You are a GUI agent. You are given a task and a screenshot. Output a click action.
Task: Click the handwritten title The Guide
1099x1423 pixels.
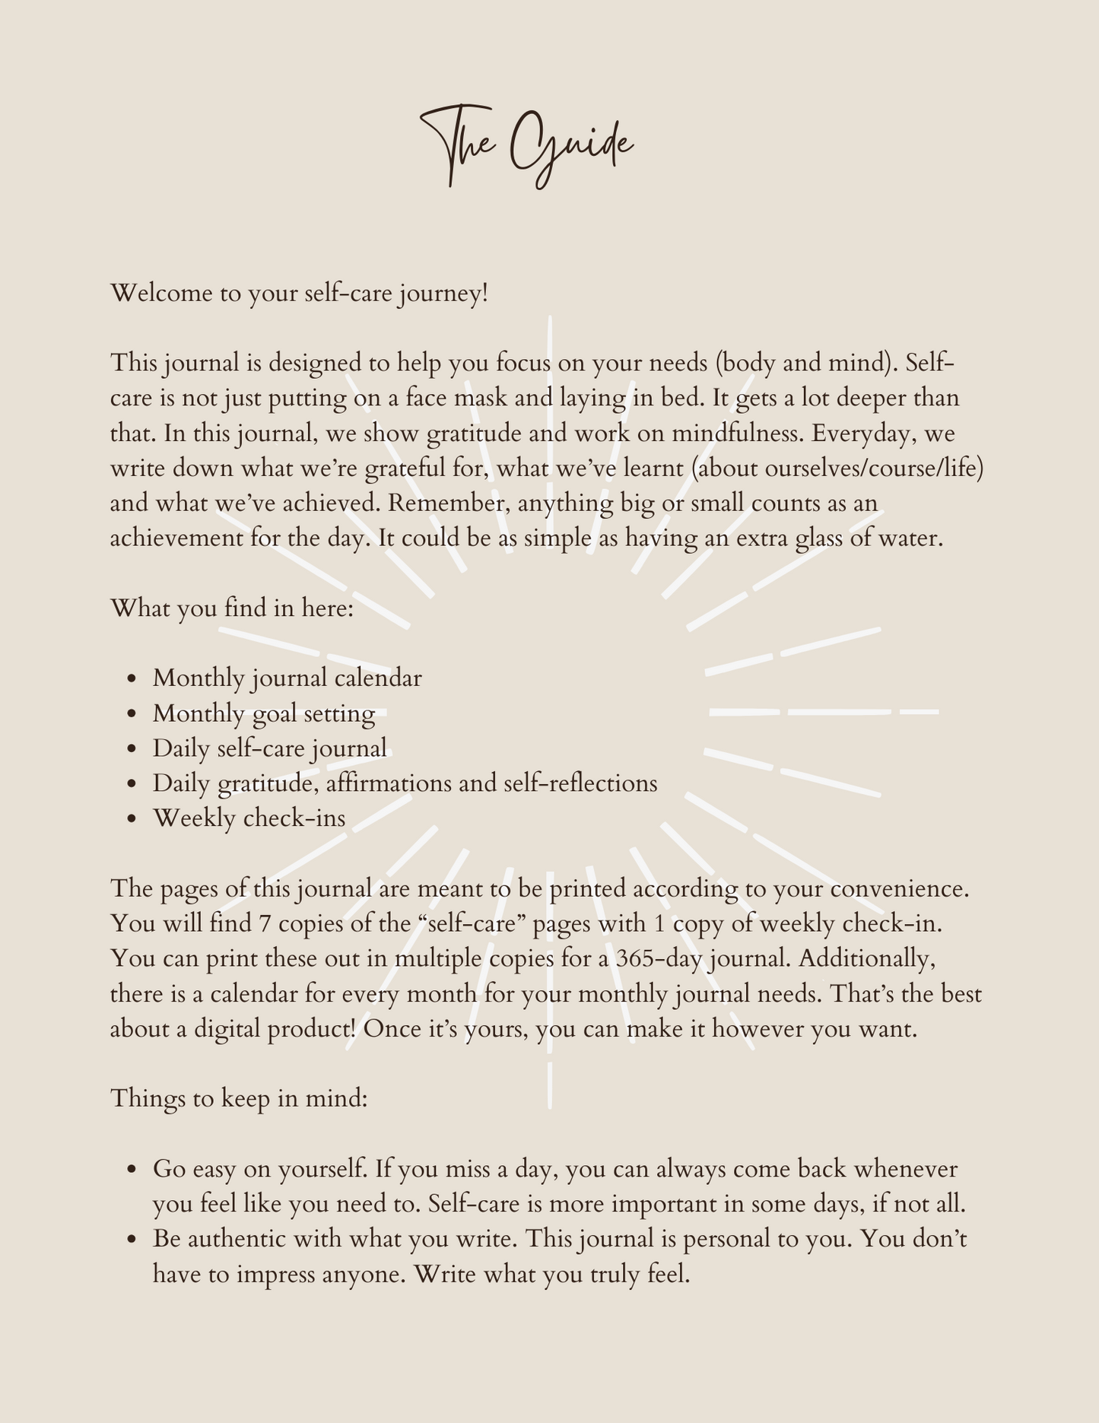tap(528, 147)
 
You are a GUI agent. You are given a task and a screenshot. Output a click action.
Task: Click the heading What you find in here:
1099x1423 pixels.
tap(232, 608)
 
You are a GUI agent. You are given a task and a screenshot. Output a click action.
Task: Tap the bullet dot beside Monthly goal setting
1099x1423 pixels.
tap(133, 714)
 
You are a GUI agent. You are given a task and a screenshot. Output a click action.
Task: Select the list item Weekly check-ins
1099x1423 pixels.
tap(249, 818)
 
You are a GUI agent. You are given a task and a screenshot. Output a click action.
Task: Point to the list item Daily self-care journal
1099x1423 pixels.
tap(269, 748)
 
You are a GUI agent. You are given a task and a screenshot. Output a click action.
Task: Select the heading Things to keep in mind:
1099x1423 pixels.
tap(239, 1099)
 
